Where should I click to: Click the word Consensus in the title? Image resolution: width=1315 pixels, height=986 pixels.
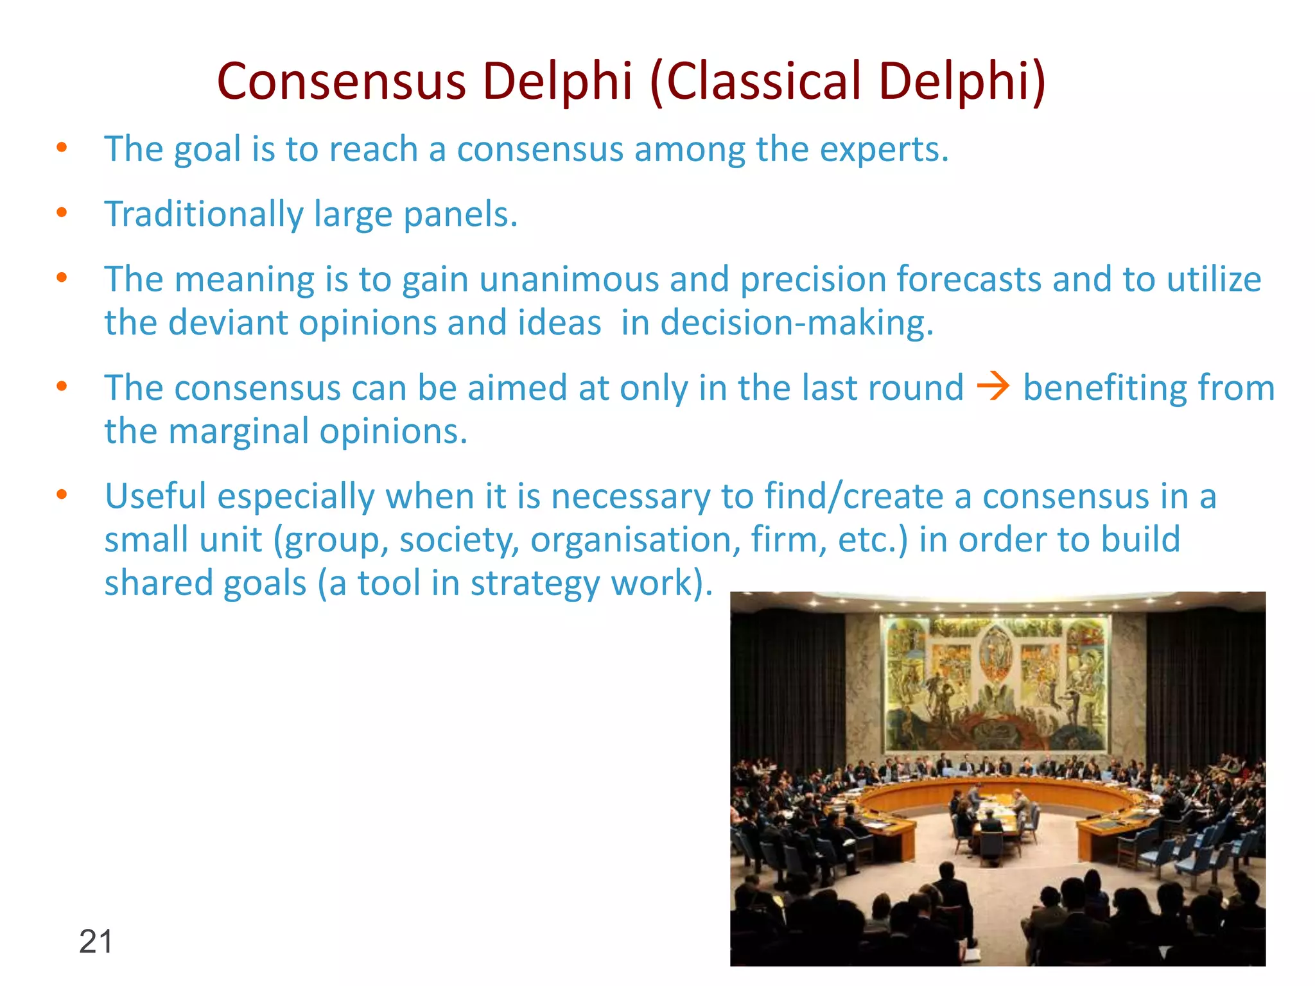341,82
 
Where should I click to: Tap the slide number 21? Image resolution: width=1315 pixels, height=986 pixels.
96,942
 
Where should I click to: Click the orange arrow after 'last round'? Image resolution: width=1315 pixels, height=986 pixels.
993,387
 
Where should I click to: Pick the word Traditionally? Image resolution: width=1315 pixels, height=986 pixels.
204,214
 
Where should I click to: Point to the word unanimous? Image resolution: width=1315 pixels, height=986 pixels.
569,280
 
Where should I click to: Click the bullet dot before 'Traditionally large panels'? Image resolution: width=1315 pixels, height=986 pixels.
62,212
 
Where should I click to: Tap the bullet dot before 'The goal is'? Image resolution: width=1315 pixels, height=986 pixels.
62,148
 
